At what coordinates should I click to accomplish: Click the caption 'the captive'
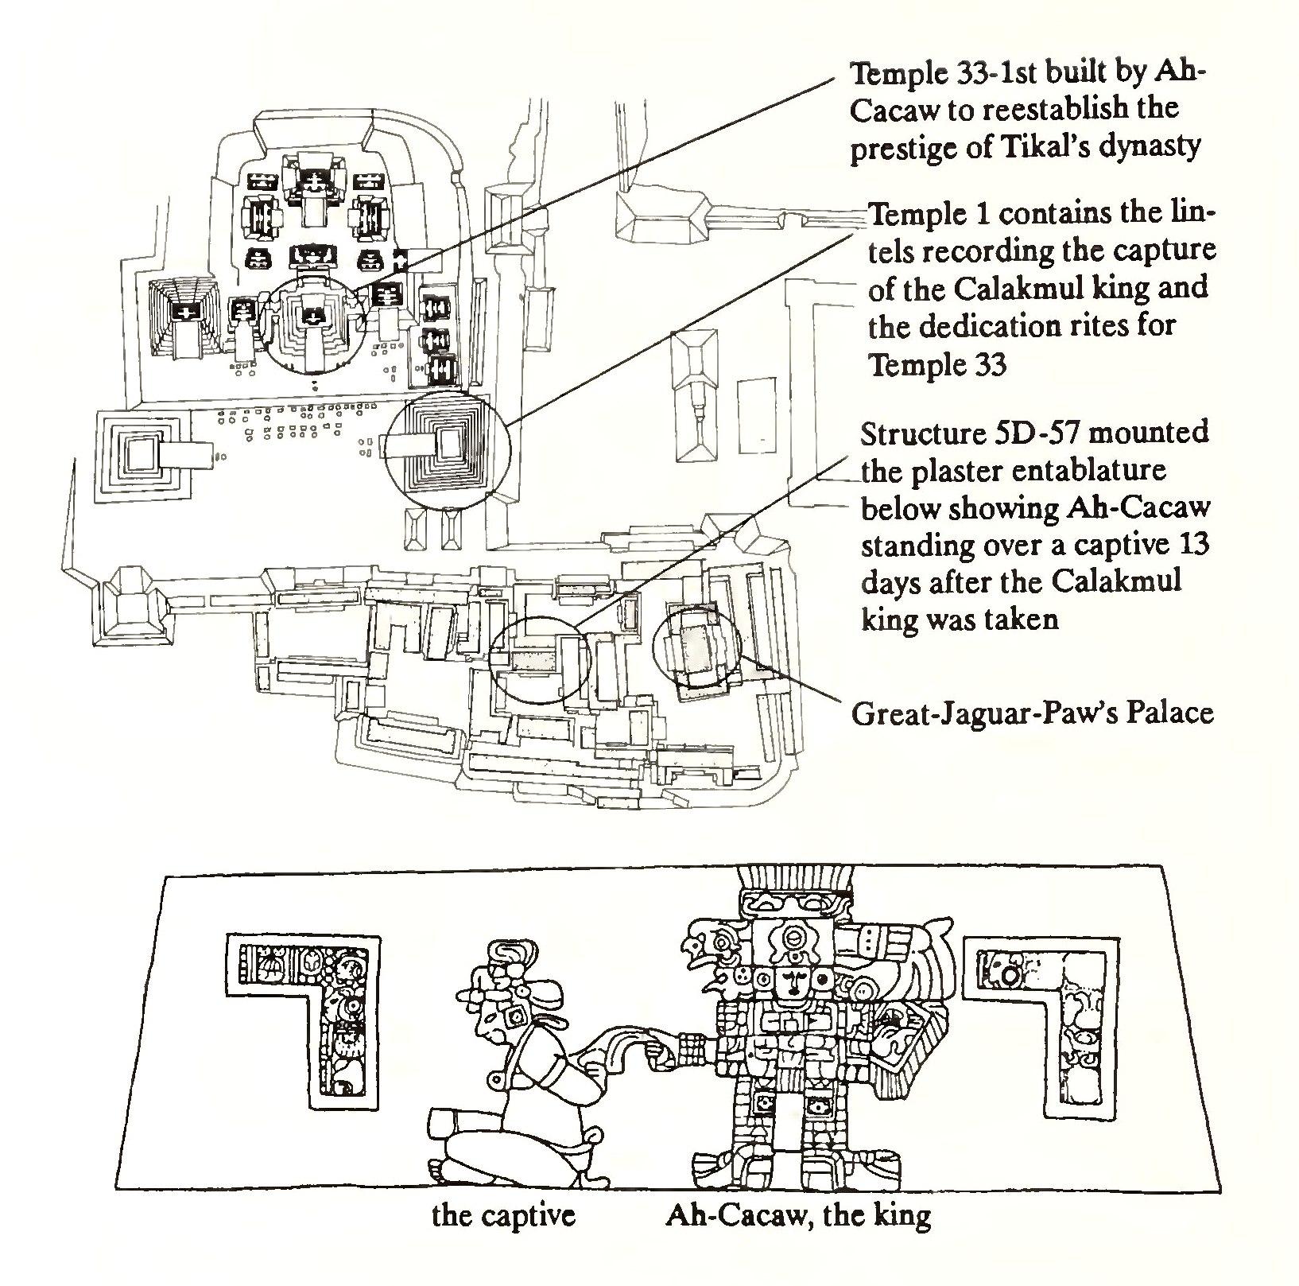pos(502,1238)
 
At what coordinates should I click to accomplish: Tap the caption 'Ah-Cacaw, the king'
pos(797,1238)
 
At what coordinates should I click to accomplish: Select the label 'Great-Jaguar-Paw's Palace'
pos(1032,713)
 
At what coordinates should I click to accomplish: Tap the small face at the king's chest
pos(794,983)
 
